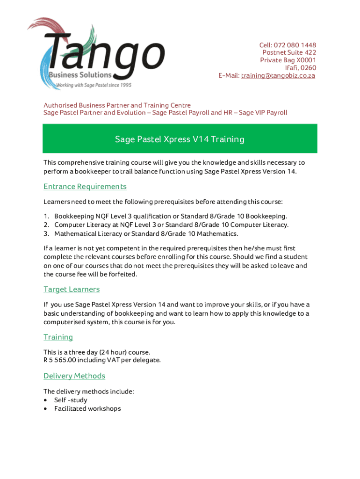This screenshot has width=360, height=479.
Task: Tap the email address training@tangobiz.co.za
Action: pos(278,75)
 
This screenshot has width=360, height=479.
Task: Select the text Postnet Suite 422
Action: pos(289,53)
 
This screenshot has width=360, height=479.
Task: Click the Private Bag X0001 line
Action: pos(288,60)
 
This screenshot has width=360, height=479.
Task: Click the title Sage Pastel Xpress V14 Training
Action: pos(180,139)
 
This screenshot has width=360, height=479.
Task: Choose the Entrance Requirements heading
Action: pos(85,187)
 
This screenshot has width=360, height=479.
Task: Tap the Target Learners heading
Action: pos(72,289)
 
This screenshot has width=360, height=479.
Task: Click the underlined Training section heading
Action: pos(58,337)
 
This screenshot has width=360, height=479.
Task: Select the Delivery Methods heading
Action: pos(74,376)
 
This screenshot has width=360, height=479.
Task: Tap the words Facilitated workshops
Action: pos(87,409)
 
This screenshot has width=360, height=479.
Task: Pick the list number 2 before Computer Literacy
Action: pos(46,225)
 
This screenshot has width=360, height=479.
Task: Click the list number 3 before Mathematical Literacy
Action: pos(46,233)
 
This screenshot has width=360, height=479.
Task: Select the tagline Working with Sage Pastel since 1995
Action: pos(94,85)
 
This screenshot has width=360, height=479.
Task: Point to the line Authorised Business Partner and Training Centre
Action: pos(117,105)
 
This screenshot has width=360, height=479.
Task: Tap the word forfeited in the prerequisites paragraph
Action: pos(122,274)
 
